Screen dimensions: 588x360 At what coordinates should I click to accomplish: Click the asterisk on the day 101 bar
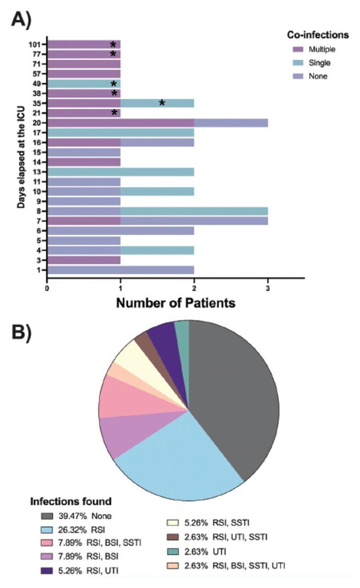tap(113, 45)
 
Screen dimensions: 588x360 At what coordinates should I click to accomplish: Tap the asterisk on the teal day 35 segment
tap(162, 103)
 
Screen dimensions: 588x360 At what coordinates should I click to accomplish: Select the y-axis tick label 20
tap(38, 123)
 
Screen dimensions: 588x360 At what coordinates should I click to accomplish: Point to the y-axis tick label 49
tap(38, 84)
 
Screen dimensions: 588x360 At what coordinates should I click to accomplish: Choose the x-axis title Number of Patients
tap(175, 303)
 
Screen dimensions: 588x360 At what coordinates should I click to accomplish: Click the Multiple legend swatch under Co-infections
tap(298, 49)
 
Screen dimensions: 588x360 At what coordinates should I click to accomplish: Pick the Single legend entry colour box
tap(298, 62)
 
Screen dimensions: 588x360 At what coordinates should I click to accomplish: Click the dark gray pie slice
tap(234, 395)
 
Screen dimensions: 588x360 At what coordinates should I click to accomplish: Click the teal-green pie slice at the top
tap(182, 327)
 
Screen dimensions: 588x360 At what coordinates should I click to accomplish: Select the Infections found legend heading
tap(71, 501)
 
